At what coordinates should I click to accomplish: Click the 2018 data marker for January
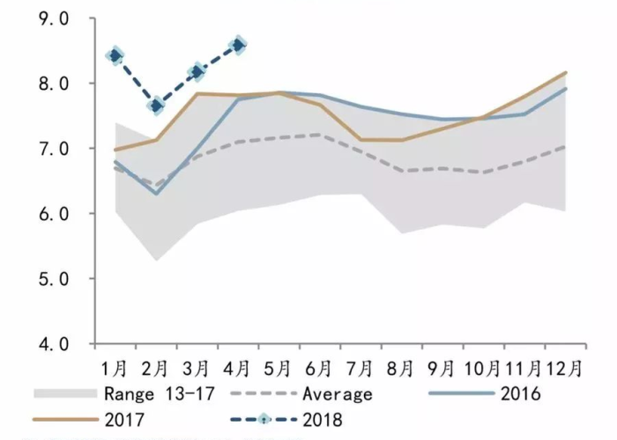click(x=115, y=55)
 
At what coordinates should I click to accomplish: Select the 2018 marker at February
click(x=156, y=106)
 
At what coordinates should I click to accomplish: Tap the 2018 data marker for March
click(x=197, y=71)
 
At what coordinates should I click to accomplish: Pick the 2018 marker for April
click(x=238, y=45)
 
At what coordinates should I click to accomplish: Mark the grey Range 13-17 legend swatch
click(x=63, y=393)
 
